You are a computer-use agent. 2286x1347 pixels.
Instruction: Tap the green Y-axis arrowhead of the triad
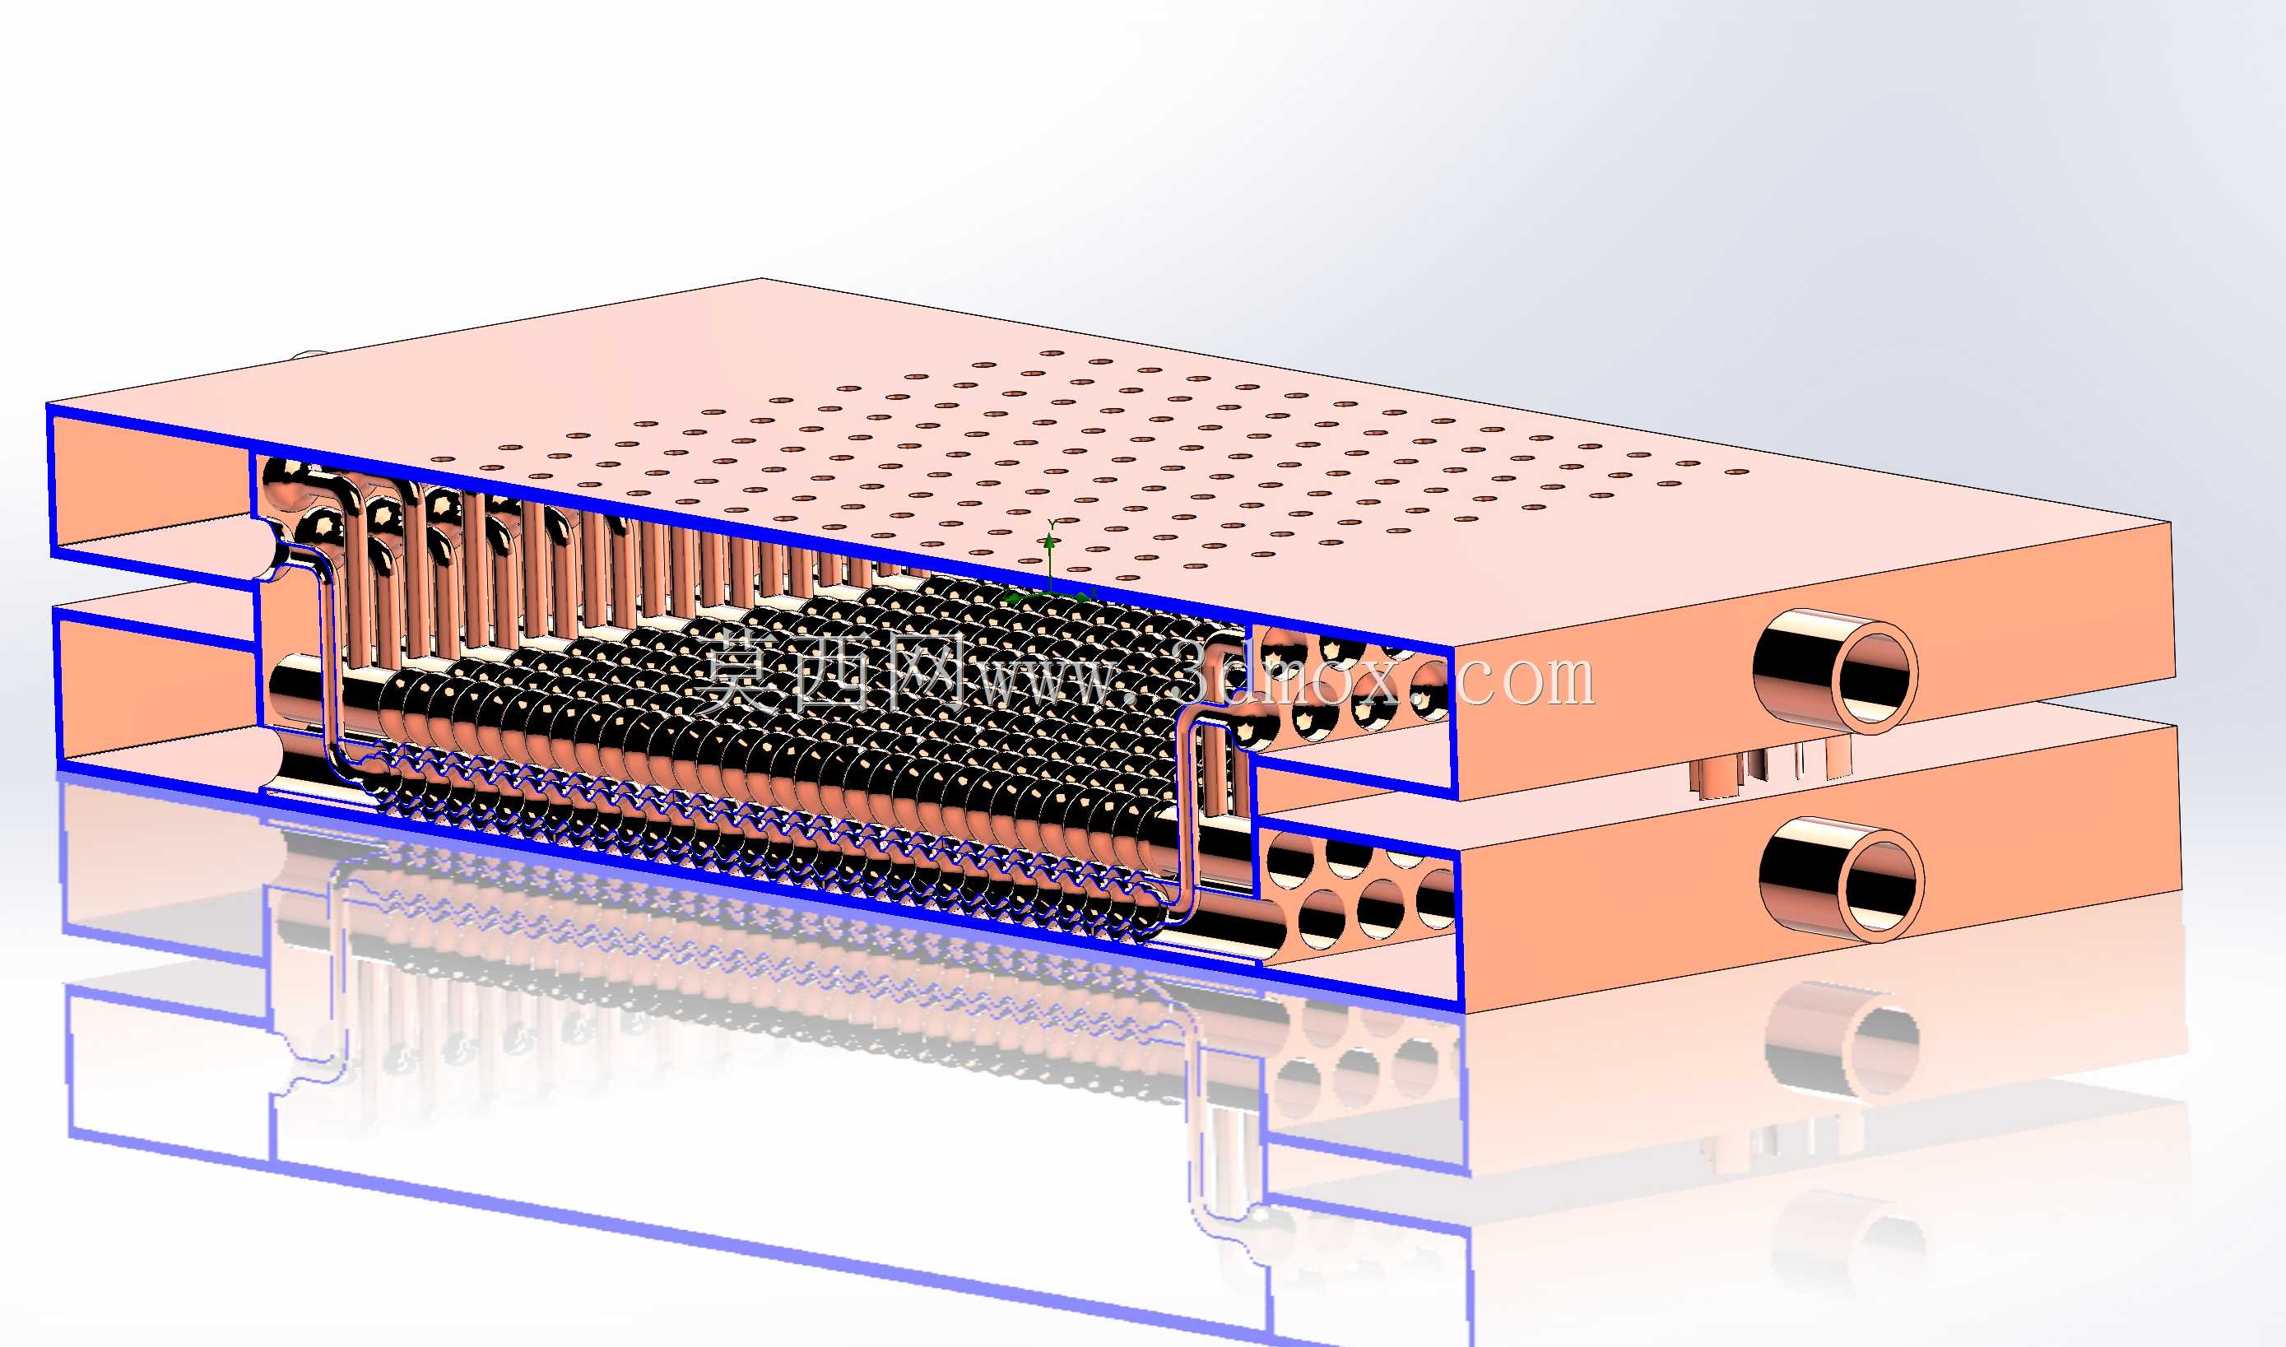pos(1050,542)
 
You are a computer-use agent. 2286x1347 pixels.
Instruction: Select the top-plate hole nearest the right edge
pos(1736,472)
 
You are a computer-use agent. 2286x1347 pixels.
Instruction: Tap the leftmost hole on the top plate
pos(442,459)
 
